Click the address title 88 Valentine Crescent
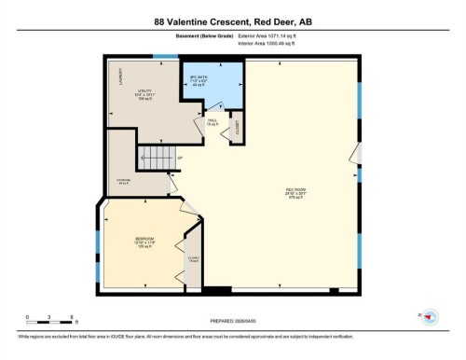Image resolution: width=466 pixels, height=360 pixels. tap(232, 18)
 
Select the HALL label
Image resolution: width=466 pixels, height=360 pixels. tap(212, 123)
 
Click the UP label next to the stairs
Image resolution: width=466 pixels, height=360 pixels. tap(179, 158)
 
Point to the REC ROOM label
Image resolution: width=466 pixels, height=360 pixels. tap(295, 194)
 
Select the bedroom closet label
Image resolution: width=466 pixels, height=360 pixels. tap(193, 259)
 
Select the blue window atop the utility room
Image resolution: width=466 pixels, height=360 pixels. tap(165, 58)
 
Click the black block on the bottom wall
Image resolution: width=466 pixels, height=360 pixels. tap(217, 291)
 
